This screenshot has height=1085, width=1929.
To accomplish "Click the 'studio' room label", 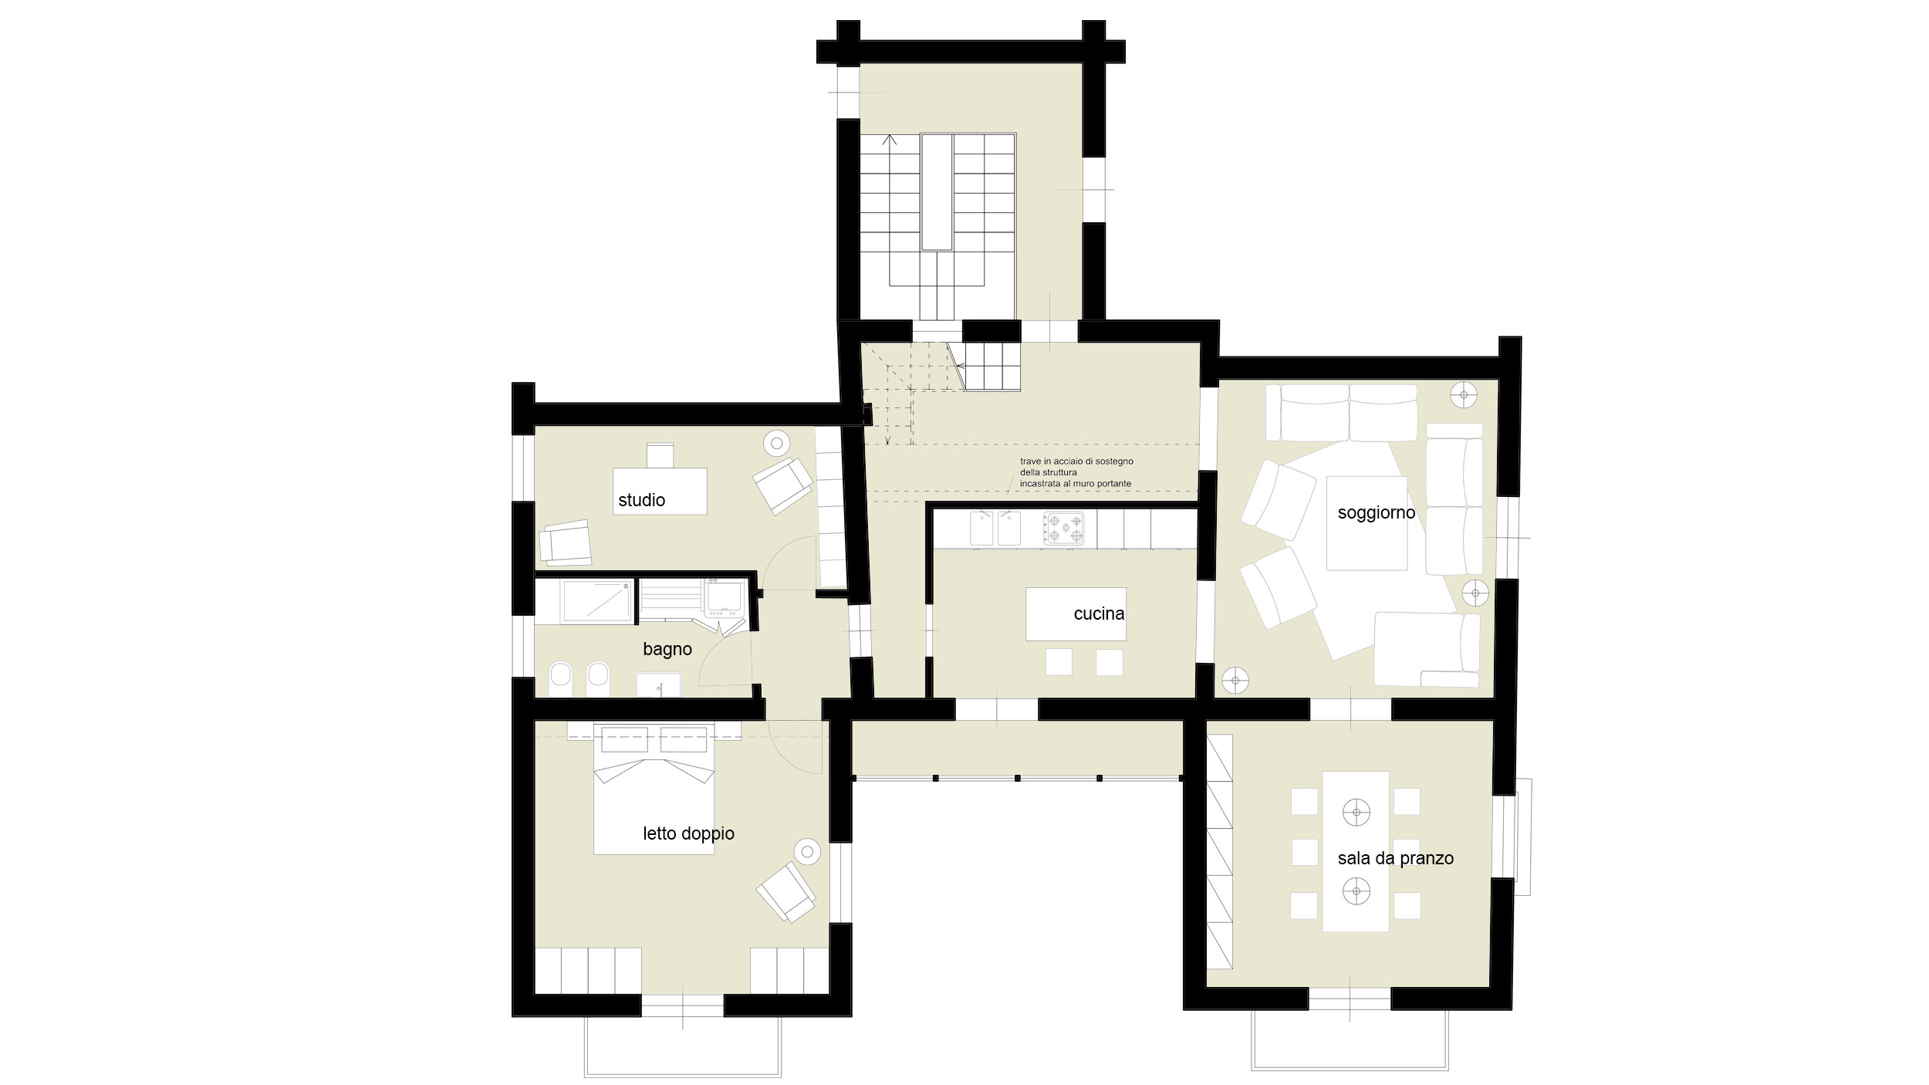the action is (641, 500).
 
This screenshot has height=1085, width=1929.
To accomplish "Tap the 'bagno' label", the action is (667, 650).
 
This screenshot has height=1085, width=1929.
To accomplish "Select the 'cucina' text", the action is (1099, 614).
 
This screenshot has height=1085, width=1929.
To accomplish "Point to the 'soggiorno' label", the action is (1376, 513).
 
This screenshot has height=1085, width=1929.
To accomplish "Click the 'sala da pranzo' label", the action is (1395, 858).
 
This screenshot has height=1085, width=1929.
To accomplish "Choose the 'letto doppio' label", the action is (688, 833).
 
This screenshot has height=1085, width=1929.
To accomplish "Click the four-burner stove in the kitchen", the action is (1063, 529).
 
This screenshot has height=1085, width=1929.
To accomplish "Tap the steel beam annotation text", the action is (1076, 472).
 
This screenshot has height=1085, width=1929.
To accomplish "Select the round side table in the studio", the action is (776, 444).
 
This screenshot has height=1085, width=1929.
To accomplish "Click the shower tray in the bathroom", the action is (596, 601).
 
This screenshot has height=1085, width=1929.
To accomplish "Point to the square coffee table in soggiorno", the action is (1367, 523).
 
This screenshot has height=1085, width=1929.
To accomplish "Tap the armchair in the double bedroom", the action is (785, 892).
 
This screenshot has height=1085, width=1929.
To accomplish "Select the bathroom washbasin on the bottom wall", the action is (658, 685).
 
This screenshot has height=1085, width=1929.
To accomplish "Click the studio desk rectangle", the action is (660, 491).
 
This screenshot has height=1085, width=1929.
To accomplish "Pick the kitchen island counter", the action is (1076, 614).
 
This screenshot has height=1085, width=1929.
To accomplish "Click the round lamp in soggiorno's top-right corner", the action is (1463, 395).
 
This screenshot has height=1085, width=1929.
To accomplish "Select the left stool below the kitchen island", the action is (1059, 662).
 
